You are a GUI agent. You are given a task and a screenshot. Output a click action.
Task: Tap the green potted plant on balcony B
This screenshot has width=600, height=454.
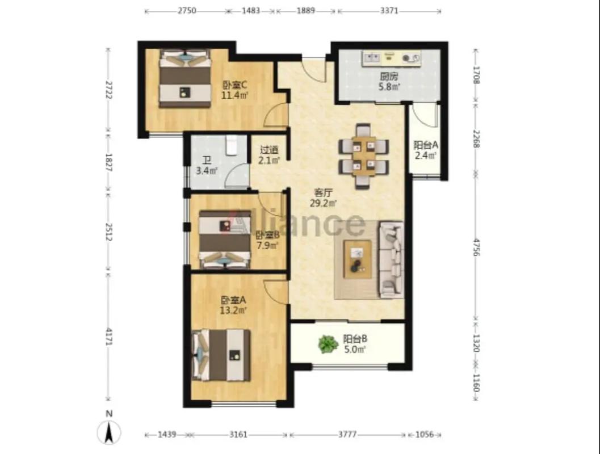[328, 344]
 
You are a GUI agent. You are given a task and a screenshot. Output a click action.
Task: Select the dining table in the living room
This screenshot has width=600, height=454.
[364, 156]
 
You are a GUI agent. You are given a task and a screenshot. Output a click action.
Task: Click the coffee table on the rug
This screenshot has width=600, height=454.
[358, 259]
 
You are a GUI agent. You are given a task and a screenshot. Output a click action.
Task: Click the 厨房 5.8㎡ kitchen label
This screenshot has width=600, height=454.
[389, 82]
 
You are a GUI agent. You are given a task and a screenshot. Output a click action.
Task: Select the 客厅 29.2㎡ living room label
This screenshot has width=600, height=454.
[323, 197]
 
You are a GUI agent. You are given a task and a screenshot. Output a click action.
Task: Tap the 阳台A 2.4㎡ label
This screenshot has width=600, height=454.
[426, 150]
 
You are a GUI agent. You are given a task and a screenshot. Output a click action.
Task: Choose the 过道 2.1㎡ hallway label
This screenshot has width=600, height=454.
[268, 155]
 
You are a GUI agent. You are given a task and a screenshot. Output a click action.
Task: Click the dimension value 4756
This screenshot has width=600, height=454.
[476, 247]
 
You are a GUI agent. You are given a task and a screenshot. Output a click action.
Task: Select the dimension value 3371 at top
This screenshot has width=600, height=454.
[389, 11]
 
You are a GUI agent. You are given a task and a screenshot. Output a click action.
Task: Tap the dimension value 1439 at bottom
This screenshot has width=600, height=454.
[167, 435]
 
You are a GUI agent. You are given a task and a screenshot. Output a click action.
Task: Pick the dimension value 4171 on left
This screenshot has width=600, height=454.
[109, 337]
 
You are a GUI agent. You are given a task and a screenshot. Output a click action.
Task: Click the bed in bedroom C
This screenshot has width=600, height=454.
[185, 78]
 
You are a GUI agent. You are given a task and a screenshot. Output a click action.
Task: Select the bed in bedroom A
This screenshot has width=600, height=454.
[221, 355]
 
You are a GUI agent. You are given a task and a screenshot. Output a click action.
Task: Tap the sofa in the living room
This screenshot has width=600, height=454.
[391, 259]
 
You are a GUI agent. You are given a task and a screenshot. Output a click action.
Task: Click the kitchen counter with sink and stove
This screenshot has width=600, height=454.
[392, 58]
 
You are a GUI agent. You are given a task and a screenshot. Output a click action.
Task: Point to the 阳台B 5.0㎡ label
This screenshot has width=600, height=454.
[355, 344]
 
